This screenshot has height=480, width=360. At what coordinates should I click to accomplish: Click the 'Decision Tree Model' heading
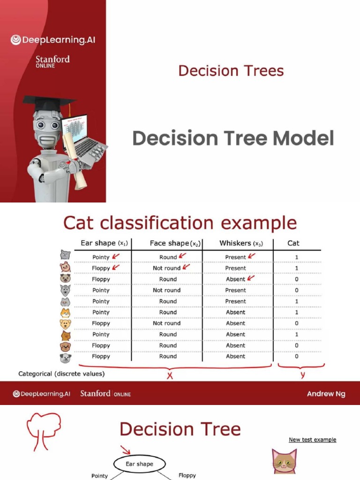(x=233, y=138)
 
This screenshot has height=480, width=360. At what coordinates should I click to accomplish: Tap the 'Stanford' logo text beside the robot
(x=52, y=59)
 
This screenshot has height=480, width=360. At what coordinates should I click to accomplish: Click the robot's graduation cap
(x=49, y=103)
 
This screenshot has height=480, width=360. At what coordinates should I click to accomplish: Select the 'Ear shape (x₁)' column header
(x=104, y=243)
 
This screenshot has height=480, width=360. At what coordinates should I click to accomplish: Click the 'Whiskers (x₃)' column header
(x=241, y=243)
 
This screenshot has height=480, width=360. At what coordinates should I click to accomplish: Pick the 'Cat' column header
(x=293, y=243)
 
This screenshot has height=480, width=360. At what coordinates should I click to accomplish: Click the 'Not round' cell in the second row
(x=166, y=268)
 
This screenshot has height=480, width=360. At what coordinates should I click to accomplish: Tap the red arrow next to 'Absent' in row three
(x=251, y=278)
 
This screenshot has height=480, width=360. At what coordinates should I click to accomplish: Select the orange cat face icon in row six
(x=65, y=313)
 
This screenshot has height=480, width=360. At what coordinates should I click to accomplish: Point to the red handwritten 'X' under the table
(x=170, y=375)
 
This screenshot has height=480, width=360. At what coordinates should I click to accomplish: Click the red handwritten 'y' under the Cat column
(x=302, y=375)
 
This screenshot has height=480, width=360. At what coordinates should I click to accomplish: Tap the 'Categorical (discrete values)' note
(x=61, y=374)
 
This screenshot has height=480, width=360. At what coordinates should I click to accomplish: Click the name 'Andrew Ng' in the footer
(x=326, y=394)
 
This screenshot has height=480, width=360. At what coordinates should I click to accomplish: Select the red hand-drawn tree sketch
(x=43, y=431)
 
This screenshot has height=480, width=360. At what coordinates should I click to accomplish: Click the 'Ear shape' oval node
(x=140, y=464)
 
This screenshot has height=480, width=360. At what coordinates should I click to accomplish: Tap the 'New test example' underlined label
(x=313, y=440)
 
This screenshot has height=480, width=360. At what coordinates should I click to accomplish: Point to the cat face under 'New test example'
(x=285, y=461)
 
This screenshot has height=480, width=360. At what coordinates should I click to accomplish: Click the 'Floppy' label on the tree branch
(x=187, y=475)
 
